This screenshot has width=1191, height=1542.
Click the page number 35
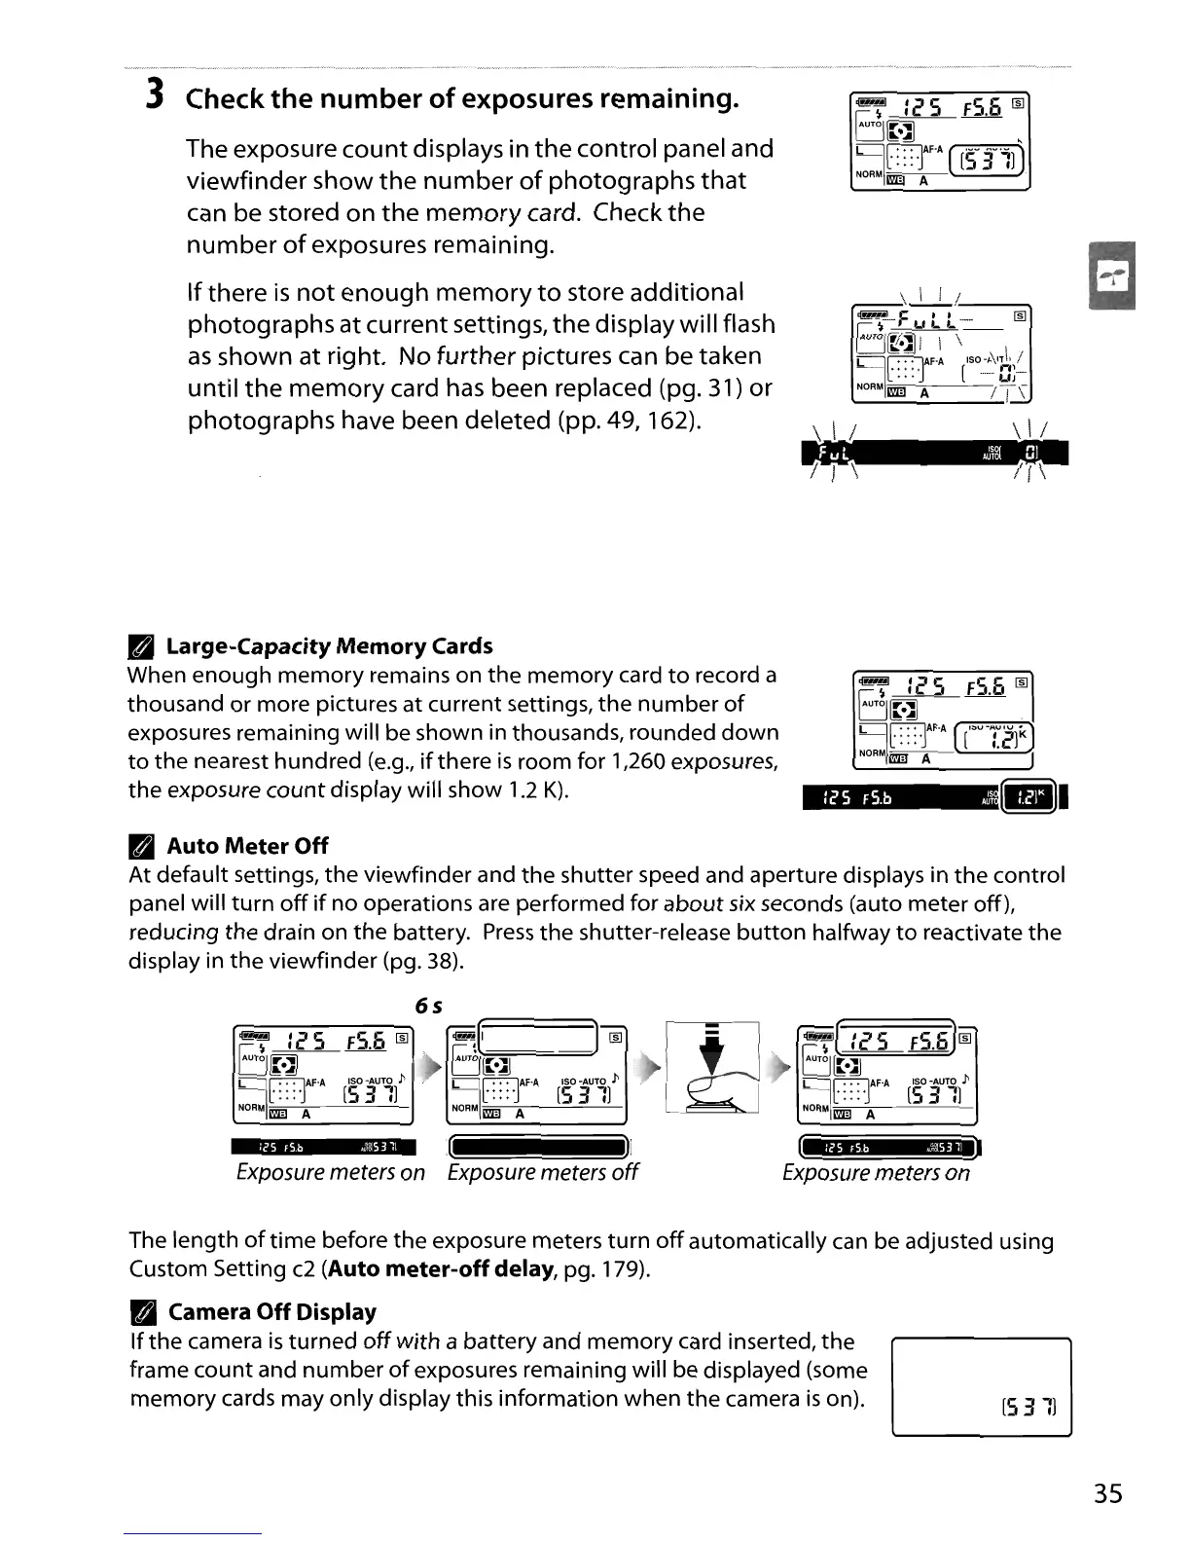click(x=1106, y=1493)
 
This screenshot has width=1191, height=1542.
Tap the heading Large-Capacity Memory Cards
click(x=329, y=646)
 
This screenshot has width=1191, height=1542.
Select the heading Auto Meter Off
click(x=247, y=846)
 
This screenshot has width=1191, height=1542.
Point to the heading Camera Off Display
click(x=271, y=1312)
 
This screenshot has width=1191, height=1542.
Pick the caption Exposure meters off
click(x=542, y=1172)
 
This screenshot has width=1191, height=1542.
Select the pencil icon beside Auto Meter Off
click(x=140, y=846)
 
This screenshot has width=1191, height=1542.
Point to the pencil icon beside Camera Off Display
click(x=140, y=1312)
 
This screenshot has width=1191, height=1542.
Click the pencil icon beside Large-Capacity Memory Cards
click(x=140, y=646)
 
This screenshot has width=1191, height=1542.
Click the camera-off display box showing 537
click(x=981, y=1387)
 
